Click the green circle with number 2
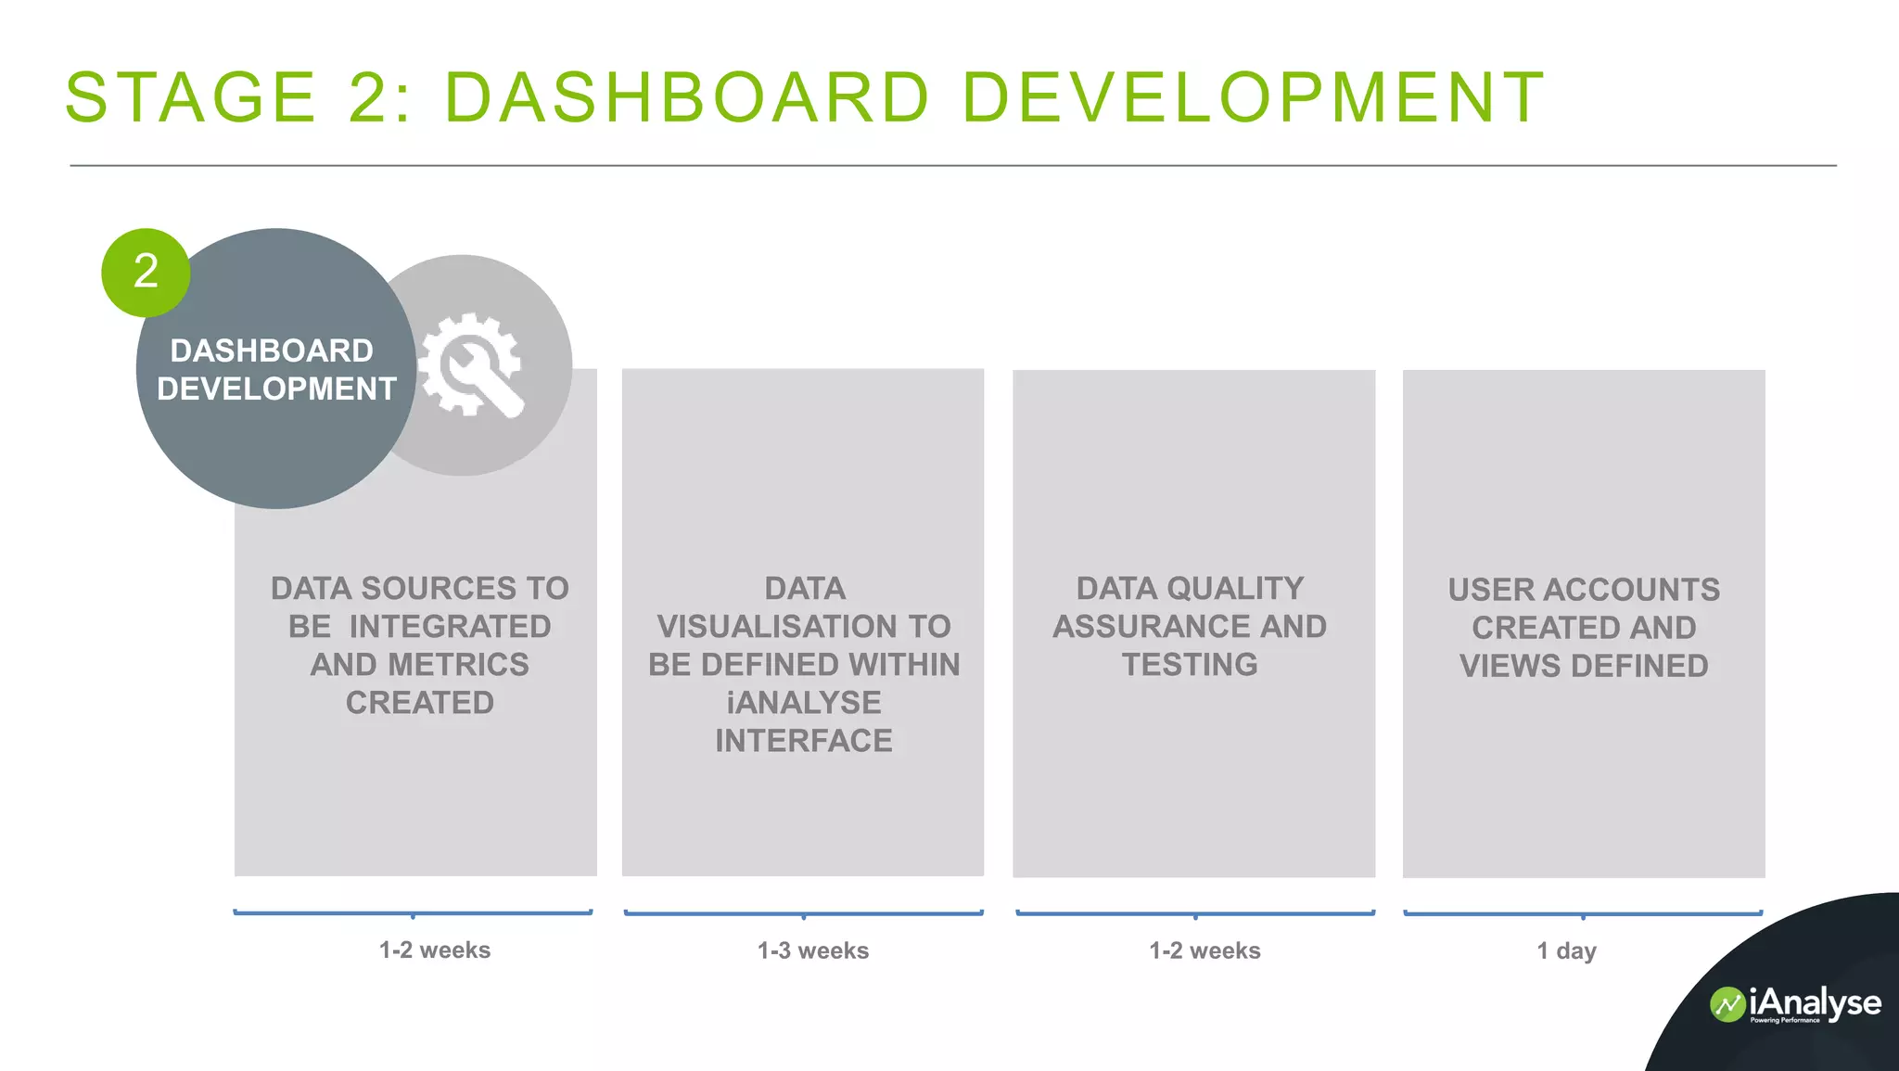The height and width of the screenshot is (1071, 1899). [146, 272]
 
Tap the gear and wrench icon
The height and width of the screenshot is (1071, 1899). [471, 365]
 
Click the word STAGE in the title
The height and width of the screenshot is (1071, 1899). [191, 97]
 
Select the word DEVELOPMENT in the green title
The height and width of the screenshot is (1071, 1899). [1254, 97]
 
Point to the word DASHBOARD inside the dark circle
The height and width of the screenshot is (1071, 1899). [272, 351]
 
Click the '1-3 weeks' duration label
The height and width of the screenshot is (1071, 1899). [812, 950]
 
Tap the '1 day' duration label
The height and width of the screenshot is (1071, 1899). [1566, 950]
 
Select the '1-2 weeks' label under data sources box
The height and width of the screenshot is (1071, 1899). [434, 950]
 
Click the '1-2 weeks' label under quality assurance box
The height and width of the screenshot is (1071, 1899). [1204, 950]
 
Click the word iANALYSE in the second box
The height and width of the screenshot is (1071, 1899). [804, 703]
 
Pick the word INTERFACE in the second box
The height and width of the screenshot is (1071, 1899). [804, 741]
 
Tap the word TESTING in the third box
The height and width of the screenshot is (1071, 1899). [1190, 665]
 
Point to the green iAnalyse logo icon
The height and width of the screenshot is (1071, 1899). [1727, 1005]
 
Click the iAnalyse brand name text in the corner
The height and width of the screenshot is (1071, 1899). [1815, 1003]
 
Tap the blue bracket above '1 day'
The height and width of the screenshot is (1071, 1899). [1583, 913]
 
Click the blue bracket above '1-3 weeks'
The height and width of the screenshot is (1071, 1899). [803, 913]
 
